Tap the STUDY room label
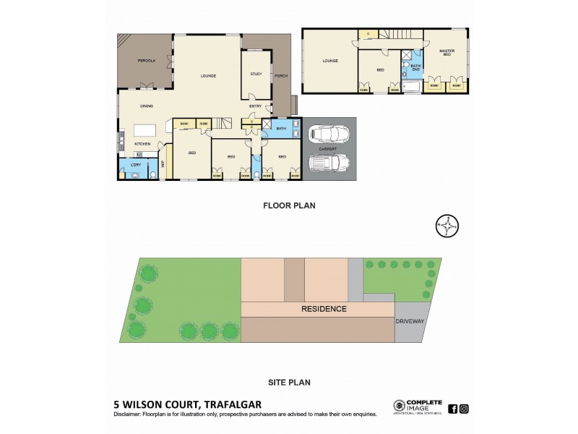[x=256, y=74]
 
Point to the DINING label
[x=147, y=106]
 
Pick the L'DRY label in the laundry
[x=136, y=164]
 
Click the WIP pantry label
[x=163, y=163]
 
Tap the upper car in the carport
[x=326, y=135]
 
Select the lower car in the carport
[x=326, y=166]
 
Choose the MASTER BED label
[x=447, y=53]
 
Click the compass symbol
[x=449, y=226]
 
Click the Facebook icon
[x=452, y=409]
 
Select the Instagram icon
[x=464, y=409]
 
